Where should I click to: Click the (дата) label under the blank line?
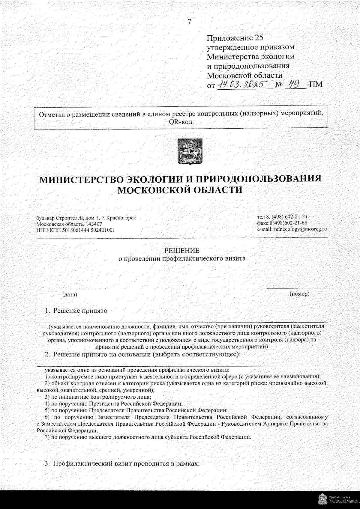70,295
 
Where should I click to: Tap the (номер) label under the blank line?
299,294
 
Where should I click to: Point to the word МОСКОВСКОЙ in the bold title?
152,190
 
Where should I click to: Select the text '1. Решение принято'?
76,311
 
